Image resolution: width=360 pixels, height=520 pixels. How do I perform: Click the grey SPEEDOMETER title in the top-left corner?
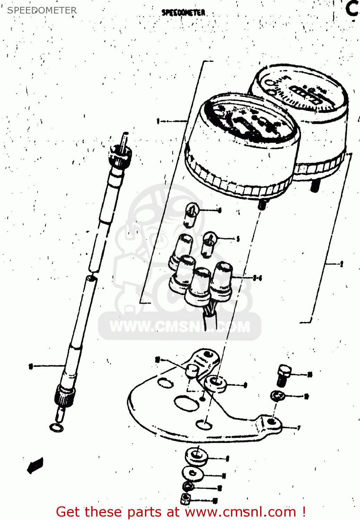[42, 10]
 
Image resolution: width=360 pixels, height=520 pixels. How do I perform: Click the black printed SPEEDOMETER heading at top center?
[183, 13]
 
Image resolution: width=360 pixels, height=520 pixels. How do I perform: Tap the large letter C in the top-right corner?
[352, 9]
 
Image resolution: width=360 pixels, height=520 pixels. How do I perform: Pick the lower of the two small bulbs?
[209, 244]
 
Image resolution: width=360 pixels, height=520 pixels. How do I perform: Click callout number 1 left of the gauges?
[158, 121]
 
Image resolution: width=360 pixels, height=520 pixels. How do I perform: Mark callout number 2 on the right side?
[341, 264]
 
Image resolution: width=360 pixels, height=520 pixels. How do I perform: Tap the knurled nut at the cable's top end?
[119, 155]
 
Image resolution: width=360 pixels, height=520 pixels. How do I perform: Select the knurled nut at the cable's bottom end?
[65, 395]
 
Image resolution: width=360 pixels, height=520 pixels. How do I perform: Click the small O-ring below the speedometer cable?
[57, 428]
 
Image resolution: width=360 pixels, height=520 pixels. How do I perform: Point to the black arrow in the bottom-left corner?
[35, 465]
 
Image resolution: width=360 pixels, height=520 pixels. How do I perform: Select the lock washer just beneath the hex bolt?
[278, 395]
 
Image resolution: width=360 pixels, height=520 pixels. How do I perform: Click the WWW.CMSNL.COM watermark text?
[180, 327]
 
